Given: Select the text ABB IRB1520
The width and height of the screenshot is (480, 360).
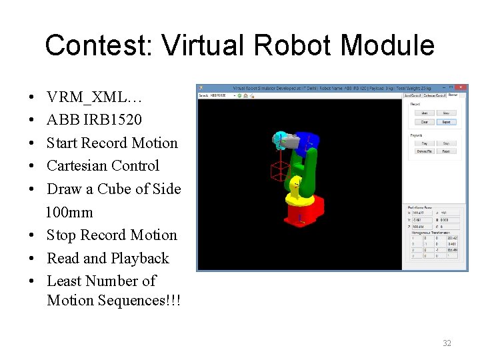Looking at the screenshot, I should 94,120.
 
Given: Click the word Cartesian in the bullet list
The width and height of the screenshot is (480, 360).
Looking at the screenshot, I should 75,166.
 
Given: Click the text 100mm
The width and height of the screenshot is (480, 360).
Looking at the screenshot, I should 69,213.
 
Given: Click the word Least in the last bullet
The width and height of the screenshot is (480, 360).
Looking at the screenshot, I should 64,281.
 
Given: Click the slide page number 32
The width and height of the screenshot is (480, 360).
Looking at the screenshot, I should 447,343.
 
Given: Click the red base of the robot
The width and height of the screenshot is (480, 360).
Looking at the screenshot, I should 303,212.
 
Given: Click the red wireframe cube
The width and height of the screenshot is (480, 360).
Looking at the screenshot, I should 278,171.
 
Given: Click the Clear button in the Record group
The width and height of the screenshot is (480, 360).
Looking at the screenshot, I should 424,122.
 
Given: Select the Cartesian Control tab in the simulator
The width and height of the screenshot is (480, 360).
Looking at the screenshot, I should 435,95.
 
